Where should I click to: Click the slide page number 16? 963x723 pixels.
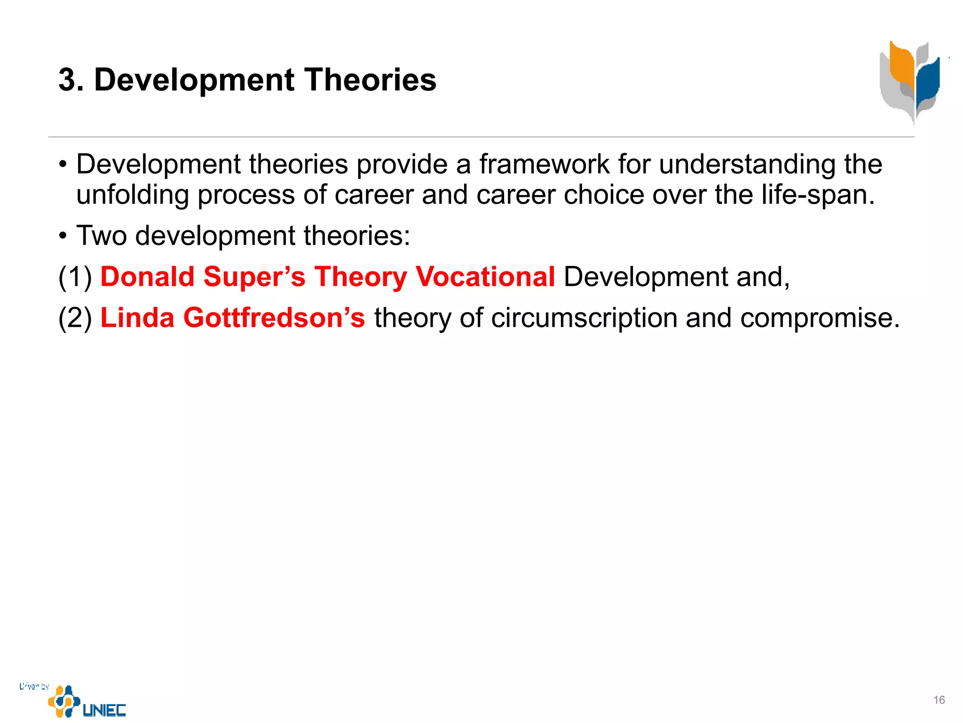click(939, 700)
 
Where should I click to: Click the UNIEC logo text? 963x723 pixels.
click(104, 710)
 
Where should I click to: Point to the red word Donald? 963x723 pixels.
click(147, 276)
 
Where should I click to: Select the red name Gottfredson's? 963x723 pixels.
click(274, 318)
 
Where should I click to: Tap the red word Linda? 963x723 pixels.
click(137, 318)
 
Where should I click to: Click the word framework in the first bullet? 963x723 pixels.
click(544, 164)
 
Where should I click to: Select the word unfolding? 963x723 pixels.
click(132, 195)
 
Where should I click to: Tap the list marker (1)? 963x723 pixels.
click(75, 276)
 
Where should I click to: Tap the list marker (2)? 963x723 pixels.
click(75, 318)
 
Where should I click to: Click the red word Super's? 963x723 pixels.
click(254, 276)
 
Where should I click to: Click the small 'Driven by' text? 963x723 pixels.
click(34, 686)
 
